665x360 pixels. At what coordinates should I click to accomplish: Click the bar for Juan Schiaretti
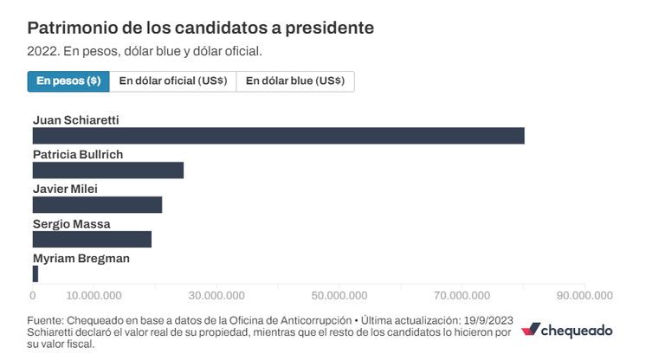click(279, 136)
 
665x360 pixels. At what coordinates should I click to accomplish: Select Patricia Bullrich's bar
click(108, 170)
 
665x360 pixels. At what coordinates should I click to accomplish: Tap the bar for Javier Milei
click(97, 205)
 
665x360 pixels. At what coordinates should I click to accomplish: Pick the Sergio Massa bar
click(92, 239)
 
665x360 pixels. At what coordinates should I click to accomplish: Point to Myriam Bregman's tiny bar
click(36, 274)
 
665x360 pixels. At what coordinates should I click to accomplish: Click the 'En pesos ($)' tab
click(68, 81)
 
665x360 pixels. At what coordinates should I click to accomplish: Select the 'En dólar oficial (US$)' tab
click(173, 81)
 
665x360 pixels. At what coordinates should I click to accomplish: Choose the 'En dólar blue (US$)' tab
click(295, 81)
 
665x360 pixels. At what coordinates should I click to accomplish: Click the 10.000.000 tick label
click(94, 296)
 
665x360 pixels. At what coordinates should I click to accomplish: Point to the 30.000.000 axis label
click(216, 296)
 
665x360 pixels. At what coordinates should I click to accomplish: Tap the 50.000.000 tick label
click(339, 296)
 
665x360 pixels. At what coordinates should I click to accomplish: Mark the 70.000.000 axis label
click(462, 296)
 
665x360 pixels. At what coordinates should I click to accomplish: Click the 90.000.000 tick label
click(584, 296)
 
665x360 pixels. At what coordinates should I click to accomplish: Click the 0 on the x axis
click(33, 296)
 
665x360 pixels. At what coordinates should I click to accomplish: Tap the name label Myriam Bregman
click(81, 258)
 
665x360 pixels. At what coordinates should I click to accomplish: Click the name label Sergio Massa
click(72, 224)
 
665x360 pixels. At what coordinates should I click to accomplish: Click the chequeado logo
click(566, 331)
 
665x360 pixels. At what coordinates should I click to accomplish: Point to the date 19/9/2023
click(488, 320)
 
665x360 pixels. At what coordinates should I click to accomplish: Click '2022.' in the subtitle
click(43, 51)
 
